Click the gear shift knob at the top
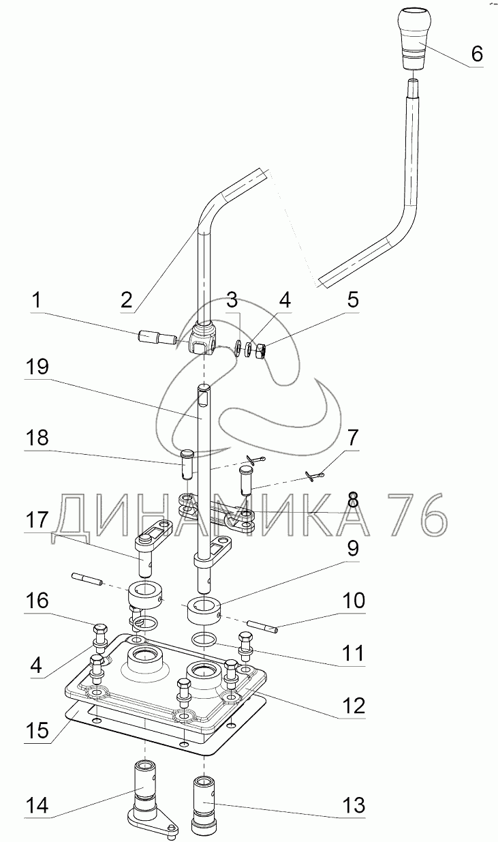(414, 39)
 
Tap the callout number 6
(477, 53)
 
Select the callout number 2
(127, 300)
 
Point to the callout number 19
(37, 367)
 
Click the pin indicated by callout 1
(158, 336)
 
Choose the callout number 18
(37, 437)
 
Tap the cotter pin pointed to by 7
(312, 476)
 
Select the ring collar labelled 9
(204, 613)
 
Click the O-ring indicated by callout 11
(204, 639)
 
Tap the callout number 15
(37, 730)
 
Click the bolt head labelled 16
(99, 628)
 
